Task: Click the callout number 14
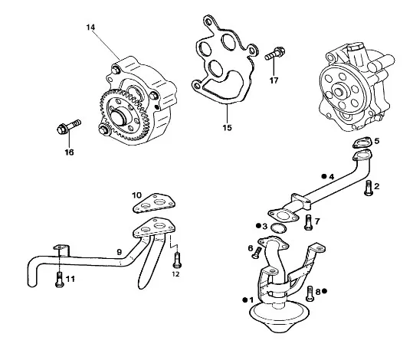point(90,27)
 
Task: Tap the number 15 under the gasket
point(227,128)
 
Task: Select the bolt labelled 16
point(69,127)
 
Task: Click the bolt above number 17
point(275,53)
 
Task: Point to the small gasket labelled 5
point(362,142)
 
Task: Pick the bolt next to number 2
point(369,187)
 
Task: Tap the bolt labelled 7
point(309,223)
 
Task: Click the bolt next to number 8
point(310,293)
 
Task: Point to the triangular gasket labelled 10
point(153,203)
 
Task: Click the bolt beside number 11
point(60,280)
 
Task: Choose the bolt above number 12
point(177,260)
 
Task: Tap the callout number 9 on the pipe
point(120,252)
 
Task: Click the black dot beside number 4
point(324,176)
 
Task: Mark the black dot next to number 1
point(245,299)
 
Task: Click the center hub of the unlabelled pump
point(339,91)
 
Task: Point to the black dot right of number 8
point(324,291)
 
